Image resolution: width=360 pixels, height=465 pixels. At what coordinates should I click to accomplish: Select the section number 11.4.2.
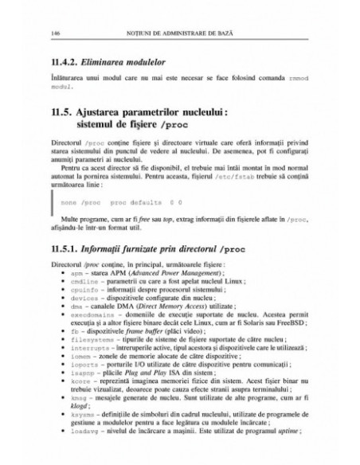coord(66,62)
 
